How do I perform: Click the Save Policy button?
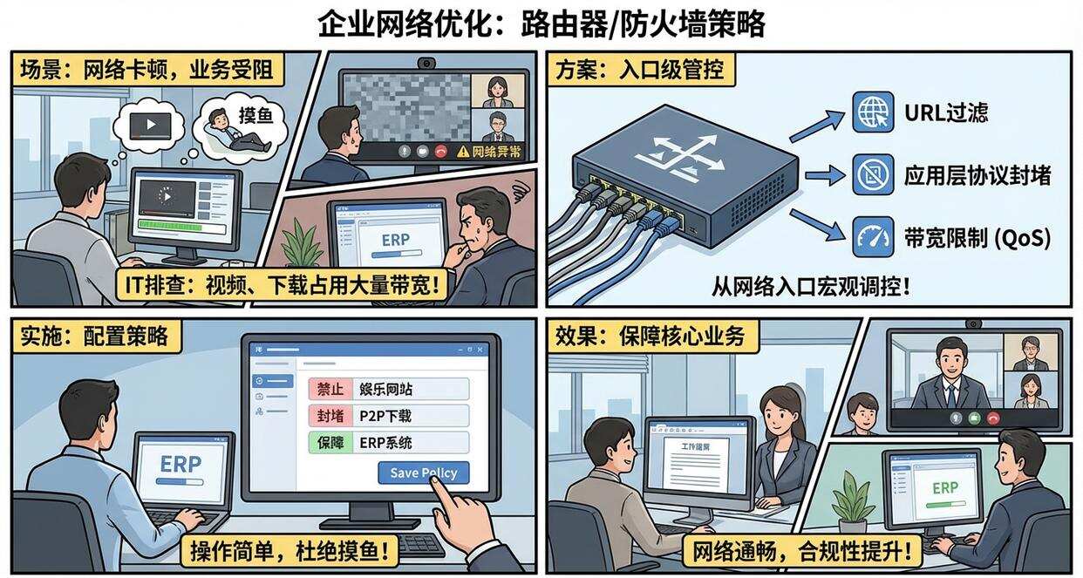(423, 473)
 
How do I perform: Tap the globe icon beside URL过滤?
(873, 112)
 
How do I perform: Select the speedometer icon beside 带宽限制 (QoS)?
(873, 237)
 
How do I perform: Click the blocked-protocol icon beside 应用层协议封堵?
(873, 174)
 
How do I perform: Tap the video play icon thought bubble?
(150, 125)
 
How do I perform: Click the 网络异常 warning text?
(495, 152)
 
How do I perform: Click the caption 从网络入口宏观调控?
(808, 286)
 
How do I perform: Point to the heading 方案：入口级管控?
(641, 70)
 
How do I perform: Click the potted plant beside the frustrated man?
(302, 243)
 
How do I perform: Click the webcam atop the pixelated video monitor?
(426, 63)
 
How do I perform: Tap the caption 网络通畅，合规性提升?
(807, 551)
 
